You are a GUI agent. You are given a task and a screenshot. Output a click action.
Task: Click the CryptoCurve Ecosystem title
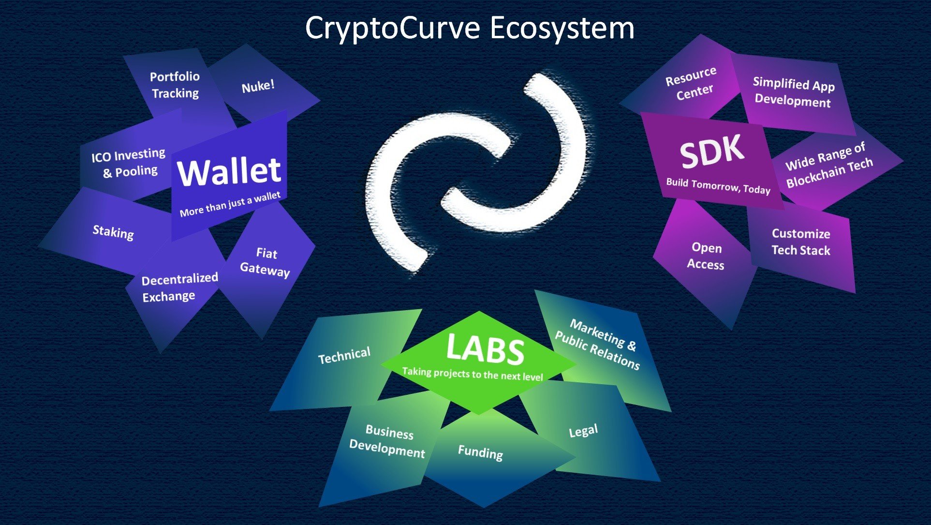point(470,28)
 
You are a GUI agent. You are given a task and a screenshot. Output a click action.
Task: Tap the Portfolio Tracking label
point(175,85)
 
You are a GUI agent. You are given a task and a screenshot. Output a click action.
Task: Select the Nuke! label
point(258,86)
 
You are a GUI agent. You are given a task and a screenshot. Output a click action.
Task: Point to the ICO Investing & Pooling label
point(129,163)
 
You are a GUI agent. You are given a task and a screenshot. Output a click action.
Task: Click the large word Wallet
point(229,172)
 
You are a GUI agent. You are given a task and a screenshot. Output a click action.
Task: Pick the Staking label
point(113,232)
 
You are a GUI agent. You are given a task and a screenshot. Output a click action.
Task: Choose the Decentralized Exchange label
point(179,287)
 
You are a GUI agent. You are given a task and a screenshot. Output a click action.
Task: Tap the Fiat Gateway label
point(266,262)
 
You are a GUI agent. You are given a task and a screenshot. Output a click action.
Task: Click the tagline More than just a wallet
point(230,204)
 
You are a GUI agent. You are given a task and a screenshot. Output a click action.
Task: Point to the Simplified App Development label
point(794,92)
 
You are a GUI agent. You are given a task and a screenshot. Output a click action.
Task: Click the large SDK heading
point(712,151)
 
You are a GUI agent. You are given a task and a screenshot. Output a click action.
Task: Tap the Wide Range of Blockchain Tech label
point(829,165)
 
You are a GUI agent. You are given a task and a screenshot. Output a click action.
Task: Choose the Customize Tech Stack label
point(801,242)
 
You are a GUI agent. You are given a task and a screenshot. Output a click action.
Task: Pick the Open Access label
point(706,256)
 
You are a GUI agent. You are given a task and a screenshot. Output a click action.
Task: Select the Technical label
point(344,356)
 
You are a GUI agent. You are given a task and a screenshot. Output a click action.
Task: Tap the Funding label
point(480,452)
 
